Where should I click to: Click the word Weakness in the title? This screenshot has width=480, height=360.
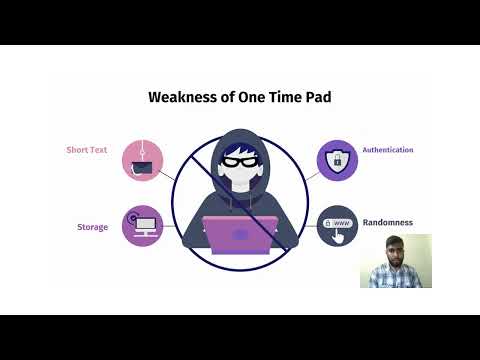coord(181,97)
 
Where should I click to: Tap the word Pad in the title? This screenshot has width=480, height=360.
coord(314,97)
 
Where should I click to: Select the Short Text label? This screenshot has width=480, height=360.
coord(87,150)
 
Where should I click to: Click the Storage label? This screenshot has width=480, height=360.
coord(93,227)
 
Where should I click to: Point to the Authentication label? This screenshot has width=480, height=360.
coord(388,150)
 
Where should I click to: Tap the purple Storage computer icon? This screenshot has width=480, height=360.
coord(142,225)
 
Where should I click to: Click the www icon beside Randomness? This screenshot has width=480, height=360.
coord(337,225)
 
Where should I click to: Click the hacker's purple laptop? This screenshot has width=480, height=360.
coord(240,234)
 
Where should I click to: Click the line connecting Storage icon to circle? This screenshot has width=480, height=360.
coord(170,225)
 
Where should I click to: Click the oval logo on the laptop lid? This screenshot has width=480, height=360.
coord(240,235)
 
